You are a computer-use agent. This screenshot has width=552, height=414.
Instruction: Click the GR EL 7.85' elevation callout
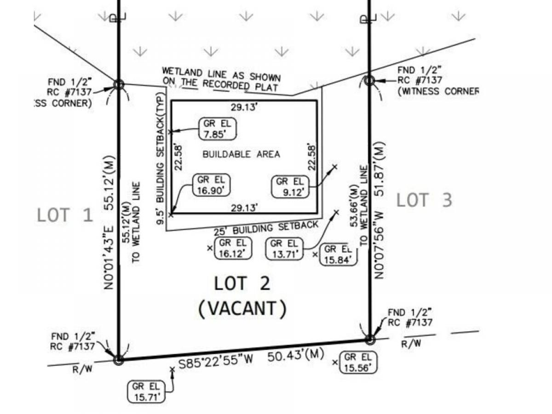(217, 129)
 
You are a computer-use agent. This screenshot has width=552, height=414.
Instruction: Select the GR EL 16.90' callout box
(211, 185)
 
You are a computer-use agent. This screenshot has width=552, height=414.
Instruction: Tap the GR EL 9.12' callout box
(290, 186)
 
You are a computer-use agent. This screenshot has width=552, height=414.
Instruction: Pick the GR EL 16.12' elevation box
(233, 248)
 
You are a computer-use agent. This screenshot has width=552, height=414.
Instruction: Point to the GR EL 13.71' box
(284, 249)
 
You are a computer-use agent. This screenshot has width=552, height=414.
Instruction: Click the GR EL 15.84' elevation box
(338, 254)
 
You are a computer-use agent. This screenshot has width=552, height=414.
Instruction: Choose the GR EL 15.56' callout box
(358, 362)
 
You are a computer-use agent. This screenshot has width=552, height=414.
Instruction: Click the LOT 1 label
(65, 215)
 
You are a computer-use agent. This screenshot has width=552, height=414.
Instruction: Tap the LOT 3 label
(424, 200)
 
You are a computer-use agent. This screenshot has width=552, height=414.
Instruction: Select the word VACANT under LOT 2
(242, 309)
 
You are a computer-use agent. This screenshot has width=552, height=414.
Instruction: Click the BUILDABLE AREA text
(241, 154)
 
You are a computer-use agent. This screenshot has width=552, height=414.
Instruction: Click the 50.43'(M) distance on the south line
(296, 356)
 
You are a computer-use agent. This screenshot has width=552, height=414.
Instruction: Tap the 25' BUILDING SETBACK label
(266, 228)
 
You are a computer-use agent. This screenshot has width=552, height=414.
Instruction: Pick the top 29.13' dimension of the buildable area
(244, 107)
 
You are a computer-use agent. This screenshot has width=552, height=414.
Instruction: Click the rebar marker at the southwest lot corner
(118, 360)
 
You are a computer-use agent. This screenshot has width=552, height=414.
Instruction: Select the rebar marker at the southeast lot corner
(370, 339)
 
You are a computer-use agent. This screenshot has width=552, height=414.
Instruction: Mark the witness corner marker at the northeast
(369, 80)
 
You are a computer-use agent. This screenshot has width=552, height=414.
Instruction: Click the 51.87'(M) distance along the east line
(379, 169)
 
